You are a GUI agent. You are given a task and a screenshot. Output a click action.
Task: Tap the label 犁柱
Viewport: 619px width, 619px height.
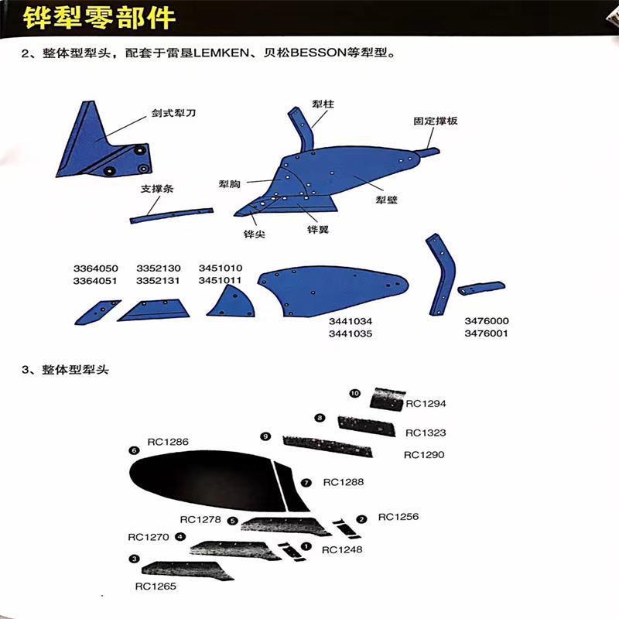(323, 103)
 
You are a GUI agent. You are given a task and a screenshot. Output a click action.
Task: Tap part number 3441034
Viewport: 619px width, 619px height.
(351, 320)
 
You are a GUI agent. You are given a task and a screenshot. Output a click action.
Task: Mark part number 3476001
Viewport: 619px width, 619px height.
(486, 333)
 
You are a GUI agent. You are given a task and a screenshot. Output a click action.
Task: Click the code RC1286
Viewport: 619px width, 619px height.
(167, 442)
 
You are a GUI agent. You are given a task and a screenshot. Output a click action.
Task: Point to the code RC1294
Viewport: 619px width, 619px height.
(426, 403)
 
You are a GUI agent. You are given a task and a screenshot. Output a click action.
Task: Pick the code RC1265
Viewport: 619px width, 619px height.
(156, 586)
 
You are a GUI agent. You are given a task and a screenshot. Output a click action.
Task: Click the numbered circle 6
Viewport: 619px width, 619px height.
(134, 450)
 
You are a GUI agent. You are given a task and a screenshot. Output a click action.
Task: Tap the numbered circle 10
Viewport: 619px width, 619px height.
(355, 394)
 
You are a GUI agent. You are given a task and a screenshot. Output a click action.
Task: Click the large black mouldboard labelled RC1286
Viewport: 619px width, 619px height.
(201, 480)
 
